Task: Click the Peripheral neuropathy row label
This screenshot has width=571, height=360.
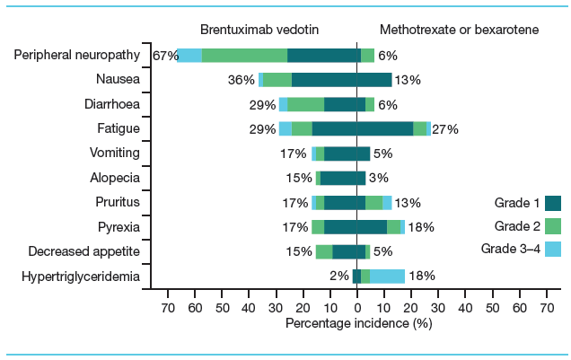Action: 77,56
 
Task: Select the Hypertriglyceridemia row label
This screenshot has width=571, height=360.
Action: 81,276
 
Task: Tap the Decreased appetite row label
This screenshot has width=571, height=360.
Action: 84,251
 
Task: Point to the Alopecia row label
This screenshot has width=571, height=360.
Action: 116,178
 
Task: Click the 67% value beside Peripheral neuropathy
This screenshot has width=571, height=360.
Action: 164,56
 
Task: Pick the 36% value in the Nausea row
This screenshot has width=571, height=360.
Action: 242,80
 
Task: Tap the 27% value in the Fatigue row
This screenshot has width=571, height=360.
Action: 445,129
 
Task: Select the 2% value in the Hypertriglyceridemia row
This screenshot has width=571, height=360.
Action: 339,276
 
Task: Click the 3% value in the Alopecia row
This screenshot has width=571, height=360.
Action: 378,178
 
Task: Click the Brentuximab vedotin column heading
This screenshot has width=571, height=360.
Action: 259,30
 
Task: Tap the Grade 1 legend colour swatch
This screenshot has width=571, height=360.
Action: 553,203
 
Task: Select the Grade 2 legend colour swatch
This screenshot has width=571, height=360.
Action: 553,226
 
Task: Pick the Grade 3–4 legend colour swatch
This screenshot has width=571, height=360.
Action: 553,249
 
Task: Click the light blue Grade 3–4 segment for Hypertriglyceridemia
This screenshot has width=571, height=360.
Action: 387,276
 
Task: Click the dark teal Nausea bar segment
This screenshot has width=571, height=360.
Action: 341,80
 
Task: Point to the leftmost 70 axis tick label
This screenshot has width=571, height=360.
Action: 167,308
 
